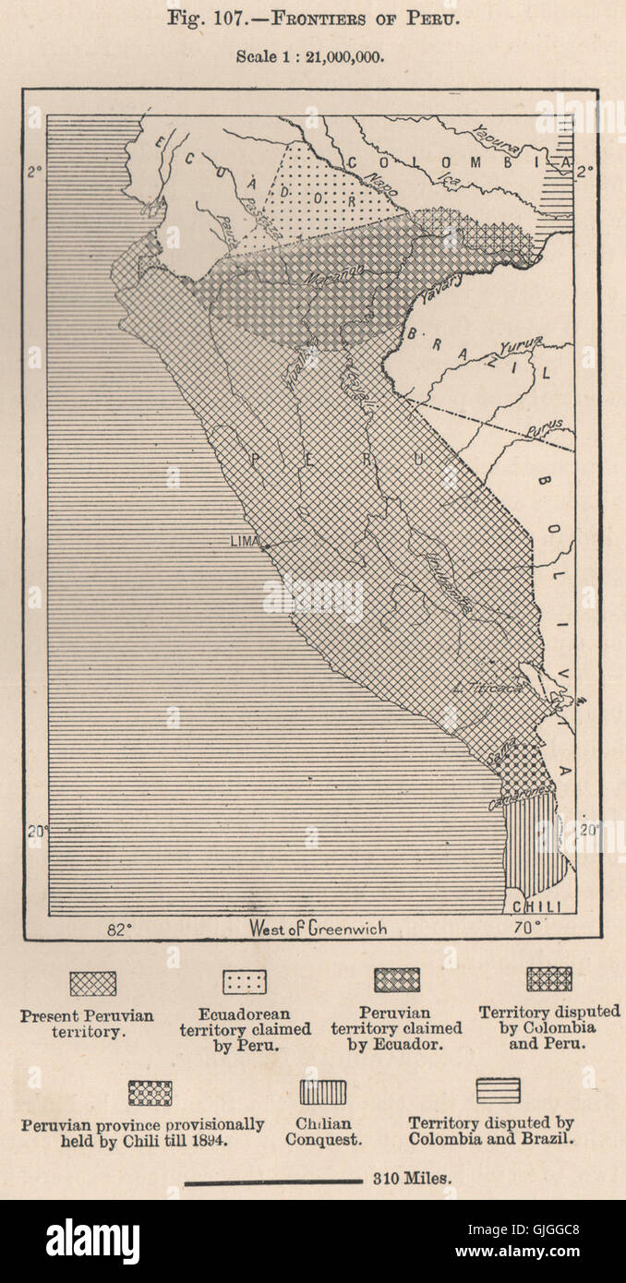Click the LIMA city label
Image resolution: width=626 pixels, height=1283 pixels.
point(245,541)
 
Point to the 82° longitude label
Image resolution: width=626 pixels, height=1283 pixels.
point(117,929)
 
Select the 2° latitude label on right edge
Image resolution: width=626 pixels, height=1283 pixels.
point(585,171)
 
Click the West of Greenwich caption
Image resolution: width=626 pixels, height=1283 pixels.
point(318,929)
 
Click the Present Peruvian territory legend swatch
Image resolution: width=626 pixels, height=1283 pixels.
point(93,983)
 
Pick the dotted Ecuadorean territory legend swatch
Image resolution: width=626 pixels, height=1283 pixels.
point(245,981)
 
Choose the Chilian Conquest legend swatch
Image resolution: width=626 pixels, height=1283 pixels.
point(322,1092)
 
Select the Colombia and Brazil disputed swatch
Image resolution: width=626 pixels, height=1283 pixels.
point(498,1090)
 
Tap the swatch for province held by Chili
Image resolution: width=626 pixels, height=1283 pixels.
point(150,1093)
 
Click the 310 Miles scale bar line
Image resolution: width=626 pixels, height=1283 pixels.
point(273,1181)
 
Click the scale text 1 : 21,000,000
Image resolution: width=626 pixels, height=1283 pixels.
point(310,56)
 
